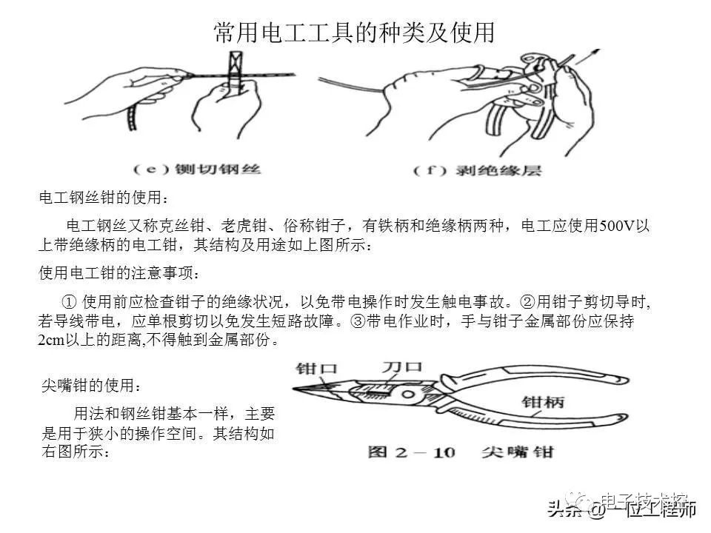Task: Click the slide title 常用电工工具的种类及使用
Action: pos(354,33)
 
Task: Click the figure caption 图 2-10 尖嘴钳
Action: pos(460,452)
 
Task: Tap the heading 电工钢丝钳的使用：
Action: pos(104,198)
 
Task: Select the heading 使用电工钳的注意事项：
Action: pos(118,273)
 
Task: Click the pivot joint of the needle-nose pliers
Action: pos(406,392)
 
